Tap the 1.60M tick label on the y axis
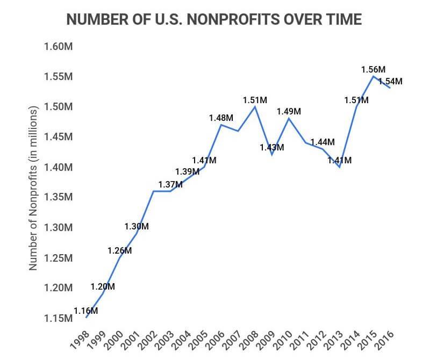coord(58,46)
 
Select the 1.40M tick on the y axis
coord(58,167)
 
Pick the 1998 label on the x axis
coord(80,339)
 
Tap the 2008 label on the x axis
coord(248,339)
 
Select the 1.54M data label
coord(390,82)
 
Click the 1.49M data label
coord(289,111)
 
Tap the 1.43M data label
coord(272,147)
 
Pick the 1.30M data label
coord(137,226)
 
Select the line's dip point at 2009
coord(272,155)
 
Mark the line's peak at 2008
coord(255,106)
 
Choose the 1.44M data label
coord(322,142)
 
